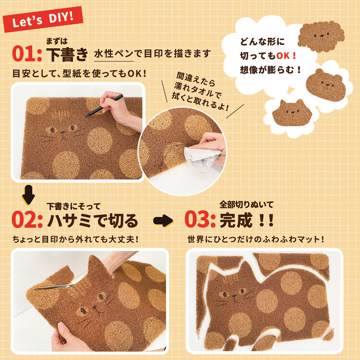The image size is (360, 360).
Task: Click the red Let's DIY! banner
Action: pos(43,20)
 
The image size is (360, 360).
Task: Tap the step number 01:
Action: pos(27,54)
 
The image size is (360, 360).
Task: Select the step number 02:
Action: pos(27,220)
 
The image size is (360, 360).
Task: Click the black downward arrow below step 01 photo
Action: pos(28,195)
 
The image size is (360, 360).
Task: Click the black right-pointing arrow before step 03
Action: pos(163,220)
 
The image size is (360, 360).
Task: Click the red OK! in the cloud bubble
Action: pos(286,55)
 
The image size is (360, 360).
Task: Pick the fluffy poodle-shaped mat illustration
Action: pos(321,36)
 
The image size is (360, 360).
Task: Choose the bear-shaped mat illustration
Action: pos(326,85)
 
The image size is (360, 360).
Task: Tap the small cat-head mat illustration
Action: pos(292,112)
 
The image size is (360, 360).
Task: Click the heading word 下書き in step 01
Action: pos(67,54)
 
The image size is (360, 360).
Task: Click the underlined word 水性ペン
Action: pos(114,54)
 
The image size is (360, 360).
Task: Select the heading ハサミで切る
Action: pos(92,220)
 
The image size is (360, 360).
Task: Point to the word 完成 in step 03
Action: pos(236,220)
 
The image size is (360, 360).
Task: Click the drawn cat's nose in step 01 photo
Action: pos(63,132)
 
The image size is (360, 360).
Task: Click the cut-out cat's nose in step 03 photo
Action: pos(234,296)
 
